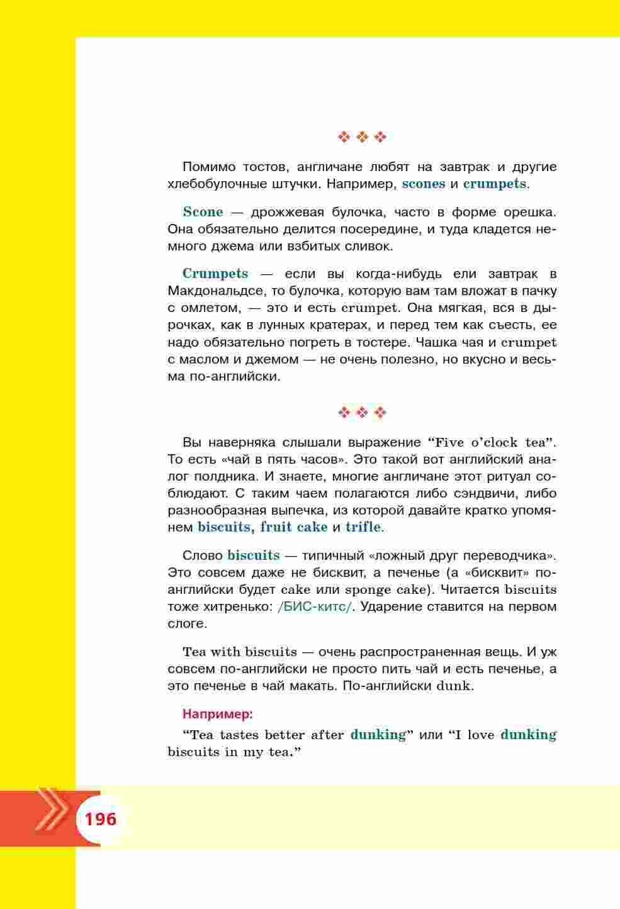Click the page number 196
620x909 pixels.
tap(100, 819)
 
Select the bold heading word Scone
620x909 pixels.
tap(203, 212)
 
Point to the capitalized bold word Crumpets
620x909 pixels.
tap(215, 274)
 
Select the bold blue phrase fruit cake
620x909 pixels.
tap(294, 527)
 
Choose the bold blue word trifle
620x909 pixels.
tap(363, 527)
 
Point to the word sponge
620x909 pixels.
tap(367, 590)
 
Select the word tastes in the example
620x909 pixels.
tap(239, 735)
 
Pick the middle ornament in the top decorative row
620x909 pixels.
tap(362, 137)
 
